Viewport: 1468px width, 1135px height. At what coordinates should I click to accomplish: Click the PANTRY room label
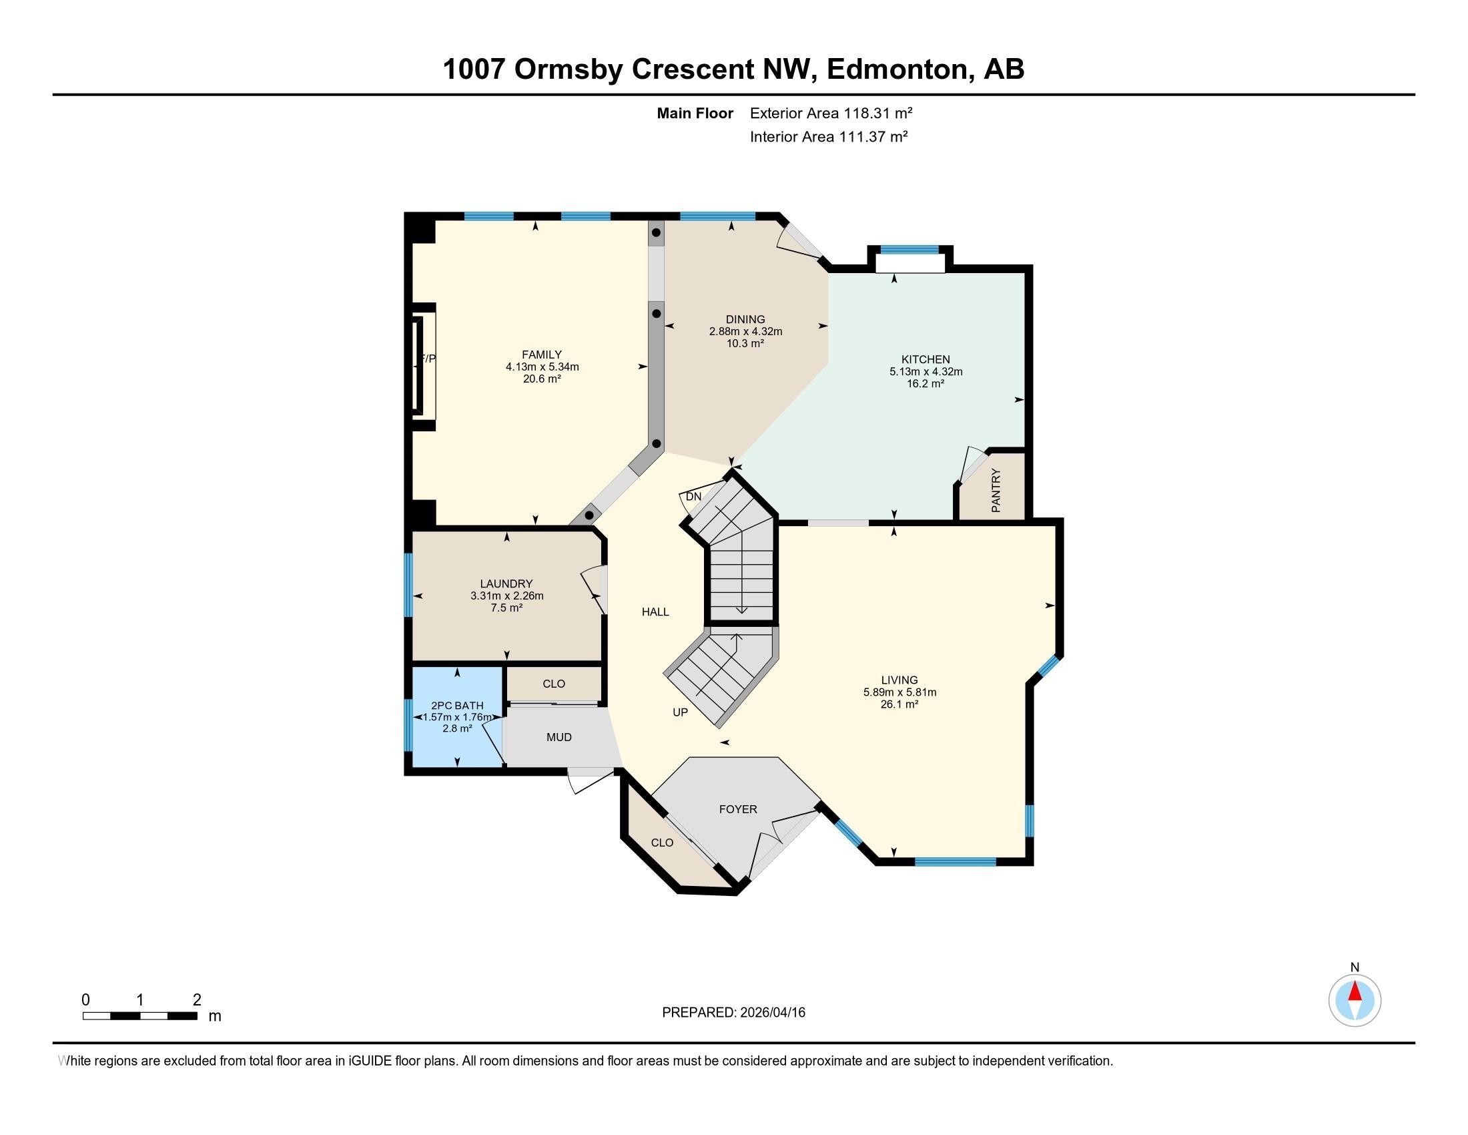[x=996, y=491]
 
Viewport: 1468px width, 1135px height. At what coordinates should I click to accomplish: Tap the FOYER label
[x=738, y=810]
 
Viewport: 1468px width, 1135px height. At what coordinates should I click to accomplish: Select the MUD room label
[x=559, y=738]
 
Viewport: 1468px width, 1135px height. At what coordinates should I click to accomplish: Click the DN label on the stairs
[x=694, y=497]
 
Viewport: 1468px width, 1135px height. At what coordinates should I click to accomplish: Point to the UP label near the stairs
[x=680, y=712]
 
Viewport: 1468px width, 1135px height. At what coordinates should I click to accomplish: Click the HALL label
[x=655, y=612]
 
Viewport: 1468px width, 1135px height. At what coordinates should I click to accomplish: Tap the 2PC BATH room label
[x=457, y=705]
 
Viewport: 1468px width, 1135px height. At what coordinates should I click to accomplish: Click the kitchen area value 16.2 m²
[x=926, y=383]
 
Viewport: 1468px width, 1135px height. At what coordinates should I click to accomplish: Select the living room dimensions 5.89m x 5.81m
[x=899, y=692]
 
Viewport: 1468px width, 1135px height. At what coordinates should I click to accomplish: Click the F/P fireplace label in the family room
[x=428, y=359]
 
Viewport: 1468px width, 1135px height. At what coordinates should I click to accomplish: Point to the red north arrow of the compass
[x=1355, y=991]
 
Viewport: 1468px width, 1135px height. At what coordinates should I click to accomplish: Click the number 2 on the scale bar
[x=196, y=1000]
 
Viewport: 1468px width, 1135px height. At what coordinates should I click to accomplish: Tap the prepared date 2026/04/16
[x=771, y=1013]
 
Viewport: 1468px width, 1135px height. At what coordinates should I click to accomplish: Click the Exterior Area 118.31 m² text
[x=831, y=113]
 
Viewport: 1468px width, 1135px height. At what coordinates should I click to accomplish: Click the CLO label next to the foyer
[x=662, y=843]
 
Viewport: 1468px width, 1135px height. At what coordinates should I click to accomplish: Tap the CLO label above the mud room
[x=553, y=684]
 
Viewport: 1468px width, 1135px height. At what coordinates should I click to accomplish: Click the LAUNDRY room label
[x=506, y=584]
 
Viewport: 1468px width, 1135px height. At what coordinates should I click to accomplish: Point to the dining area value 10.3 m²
[x=745, y=343]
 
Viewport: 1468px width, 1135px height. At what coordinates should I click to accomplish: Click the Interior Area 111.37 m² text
[x=829, y=136]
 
